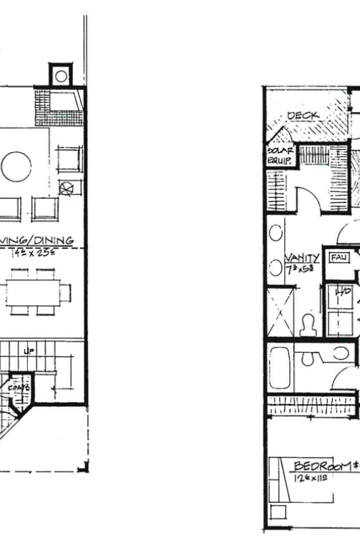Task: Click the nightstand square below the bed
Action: tap(278, 513)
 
